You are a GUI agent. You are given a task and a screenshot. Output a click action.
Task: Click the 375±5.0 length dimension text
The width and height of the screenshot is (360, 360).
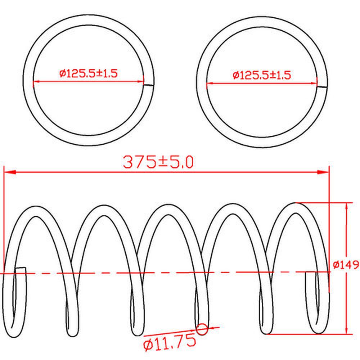pyautogui.click(x=158, y=162)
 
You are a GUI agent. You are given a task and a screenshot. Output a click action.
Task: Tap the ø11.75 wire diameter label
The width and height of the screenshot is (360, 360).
pyautogui.click(x=170, y=343)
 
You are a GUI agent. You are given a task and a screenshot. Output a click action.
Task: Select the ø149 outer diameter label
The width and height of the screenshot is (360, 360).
pyautogui.click(x=346, y=265)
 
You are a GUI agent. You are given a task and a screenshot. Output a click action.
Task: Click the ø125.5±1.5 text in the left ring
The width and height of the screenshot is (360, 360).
pyautogui.click(x=89, y=73)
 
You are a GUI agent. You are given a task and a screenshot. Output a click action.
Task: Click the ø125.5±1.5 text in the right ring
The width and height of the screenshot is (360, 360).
pyautogui.click(x=262, y=75)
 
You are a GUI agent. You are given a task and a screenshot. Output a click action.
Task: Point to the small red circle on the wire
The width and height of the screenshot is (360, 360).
pyautogui.click(x=202, y=329)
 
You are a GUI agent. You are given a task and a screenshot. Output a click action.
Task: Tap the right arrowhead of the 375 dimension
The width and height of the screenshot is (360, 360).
pyautogui.click(x=323, y=172)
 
